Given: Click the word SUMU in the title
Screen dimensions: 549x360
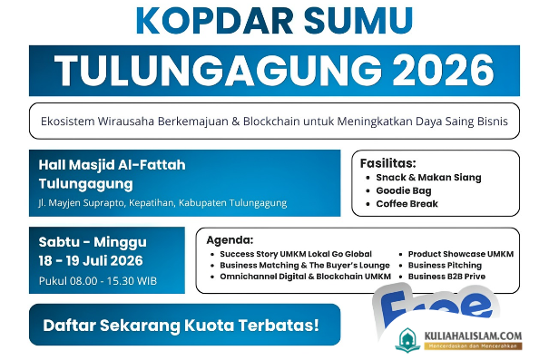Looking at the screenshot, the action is [x=358, y=20].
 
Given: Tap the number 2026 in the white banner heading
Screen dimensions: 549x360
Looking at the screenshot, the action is [x=443, y=71].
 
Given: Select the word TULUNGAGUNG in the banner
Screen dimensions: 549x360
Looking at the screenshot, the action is [x=218, y=71].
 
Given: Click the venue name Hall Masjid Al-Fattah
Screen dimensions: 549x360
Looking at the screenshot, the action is [x=112, y=165].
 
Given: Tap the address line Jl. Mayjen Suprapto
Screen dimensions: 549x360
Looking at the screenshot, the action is [x=162, y=203].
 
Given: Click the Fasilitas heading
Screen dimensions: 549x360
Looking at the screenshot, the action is [x=388, y=163].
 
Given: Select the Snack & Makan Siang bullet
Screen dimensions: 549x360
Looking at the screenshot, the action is [x=428, y=178].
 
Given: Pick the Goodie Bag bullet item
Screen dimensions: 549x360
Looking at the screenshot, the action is [x=404, y=190].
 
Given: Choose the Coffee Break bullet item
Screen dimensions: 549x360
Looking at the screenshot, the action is [x=407, y=204].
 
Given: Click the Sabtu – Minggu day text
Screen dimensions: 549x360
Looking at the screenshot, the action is [x=93, y=242].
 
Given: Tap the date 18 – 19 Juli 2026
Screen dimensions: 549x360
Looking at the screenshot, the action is [x=91, y=260].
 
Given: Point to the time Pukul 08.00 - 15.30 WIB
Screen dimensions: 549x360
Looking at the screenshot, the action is [x=98, y=281].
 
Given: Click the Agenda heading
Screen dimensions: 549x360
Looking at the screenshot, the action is [x=230, y=240].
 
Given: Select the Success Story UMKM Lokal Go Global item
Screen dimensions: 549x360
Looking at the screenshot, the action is [x=296, y=254].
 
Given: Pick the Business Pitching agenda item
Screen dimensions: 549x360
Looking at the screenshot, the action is [x=445, y=265].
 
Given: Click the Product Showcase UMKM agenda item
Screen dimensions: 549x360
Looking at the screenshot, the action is [x=461, y=254].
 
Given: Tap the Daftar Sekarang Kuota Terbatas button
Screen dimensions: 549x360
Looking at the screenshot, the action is [x=184, y=325].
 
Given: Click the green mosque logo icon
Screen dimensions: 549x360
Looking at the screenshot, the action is [x=407, y=340].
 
